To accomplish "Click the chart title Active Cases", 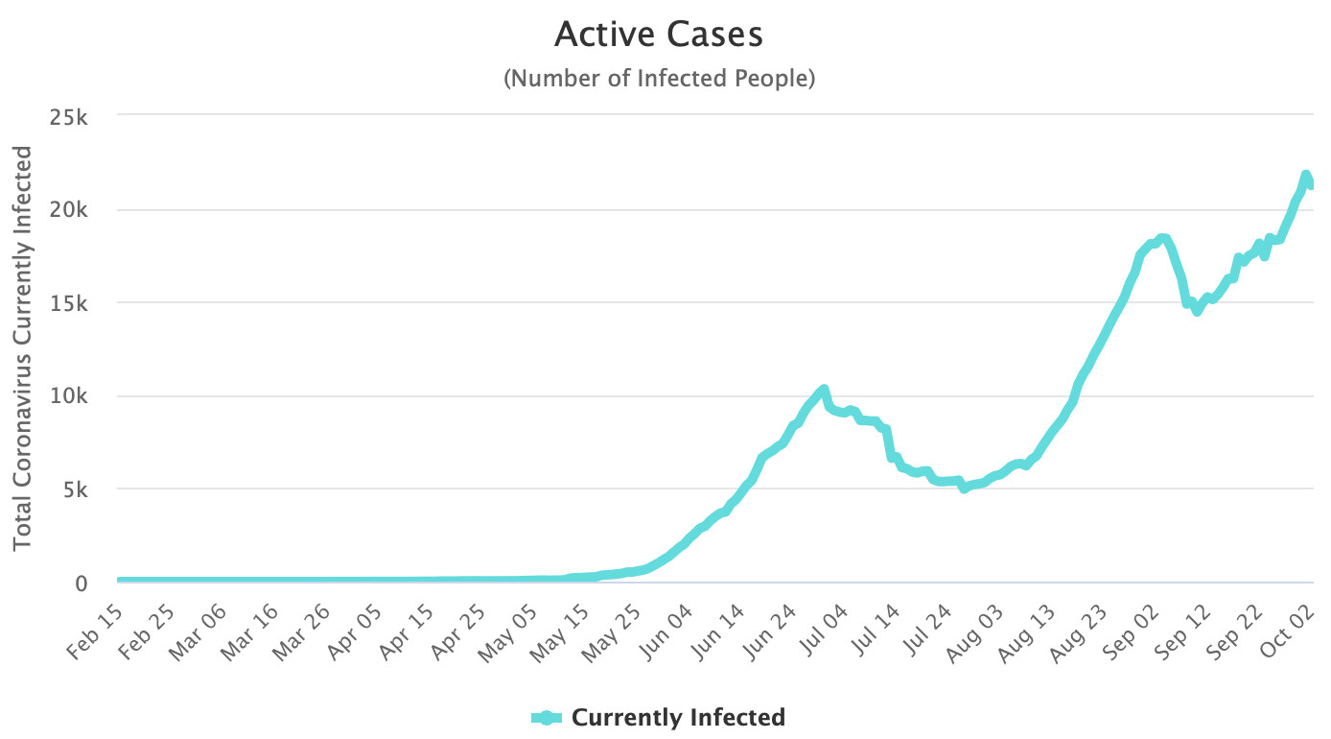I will point(659,36).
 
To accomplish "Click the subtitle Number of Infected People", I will point(659,79).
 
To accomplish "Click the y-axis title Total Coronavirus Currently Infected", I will point(23,347).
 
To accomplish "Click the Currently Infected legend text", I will point(678,717).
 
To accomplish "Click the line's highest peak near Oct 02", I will point(1305,176).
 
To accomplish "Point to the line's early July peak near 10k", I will point(823,390).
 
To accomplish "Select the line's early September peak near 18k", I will point(1162,239).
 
